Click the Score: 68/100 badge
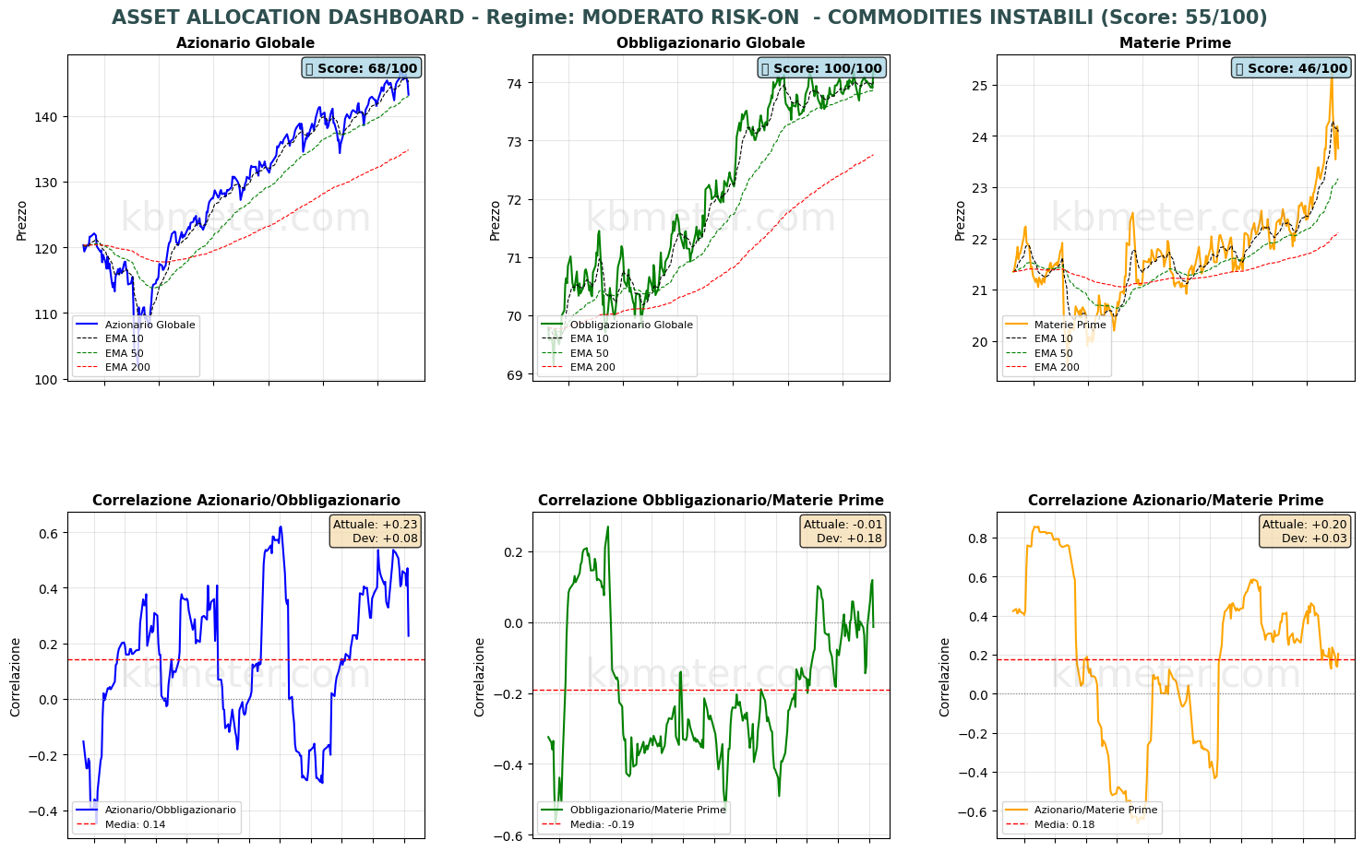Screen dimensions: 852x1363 click(361, 68)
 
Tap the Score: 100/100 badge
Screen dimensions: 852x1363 click(821, 68)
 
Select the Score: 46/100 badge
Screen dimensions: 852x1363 click(1291, 68)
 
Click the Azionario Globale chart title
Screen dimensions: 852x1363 click(245, 43)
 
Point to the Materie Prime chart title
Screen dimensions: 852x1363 click(1175, 43)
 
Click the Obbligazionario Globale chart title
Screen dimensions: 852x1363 click(711, 43)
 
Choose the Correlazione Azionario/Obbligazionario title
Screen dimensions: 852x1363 click(245, 501)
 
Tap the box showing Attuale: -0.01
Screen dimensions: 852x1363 click(843, 531)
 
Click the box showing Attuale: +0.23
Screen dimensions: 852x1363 click(375, 531)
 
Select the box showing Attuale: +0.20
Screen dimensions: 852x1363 click(1304, 531)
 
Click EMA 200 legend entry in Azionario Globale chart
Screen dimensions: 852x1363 click(127, 367)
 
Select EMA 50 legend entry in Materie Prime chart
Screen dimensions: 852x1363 click(1053, 353)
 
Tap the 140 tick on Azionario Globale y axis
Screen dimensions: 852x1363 click(47, 117)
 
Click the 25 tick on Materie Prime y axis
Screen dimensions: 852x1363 click(980, 86)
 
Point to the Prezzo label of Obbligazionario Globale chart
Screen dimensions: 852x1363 click(496, 220)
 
